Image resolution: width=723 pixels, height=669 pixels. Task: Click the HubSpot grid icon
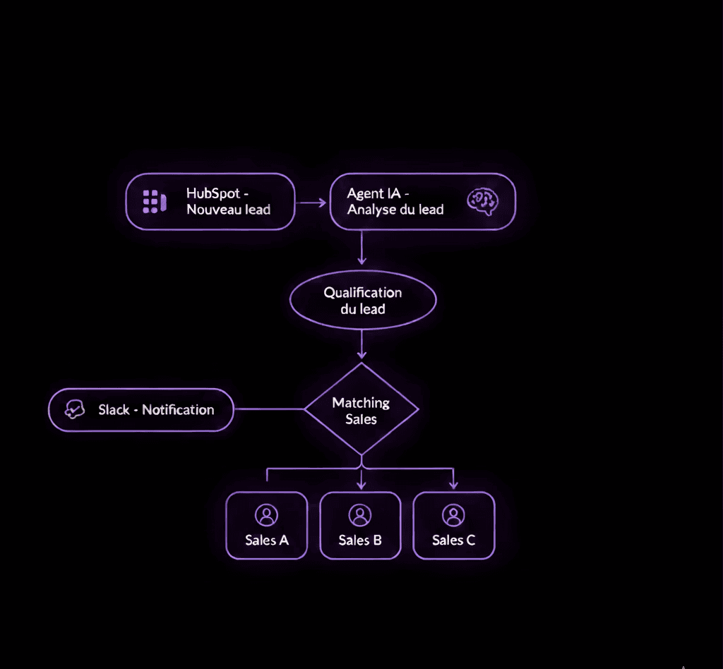(153, 201)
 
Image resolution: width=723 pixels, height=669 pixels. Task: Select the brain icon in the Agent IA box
(484, 201)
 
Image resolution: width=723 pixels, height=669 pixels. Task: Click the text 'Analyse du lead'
(395, 209)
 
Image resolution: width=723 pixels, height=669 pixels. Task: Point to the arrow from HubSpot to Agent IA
(311, 203)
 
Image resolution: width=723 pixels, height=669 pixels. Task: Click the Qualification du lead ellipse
(363, 300)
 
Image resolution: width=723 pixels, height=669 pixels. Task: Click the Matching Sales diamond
(361, 409)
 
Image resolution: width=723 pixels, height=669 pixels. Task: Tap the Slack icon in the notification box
(75, 409)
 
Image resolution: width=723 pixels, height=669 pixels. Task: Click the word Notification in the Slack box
(178, 409)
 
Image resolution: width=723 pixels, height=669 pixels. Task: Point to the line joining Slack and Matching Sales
(269, 409)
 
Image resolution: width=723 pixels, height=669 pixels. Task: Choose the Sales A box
(267, 525)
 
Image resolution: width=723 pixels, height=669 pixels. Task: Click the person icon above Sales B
(360, 515)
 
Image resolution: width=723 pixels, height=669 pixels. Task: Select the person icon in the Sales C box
(453, 515)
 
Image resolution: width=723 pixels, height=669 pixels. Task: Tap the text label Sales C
(453, 541)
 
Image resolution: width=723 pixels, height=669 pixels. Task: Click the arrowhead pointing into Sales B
(361, 485)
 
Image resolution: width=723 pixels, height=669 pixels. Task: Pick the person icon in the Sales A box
(267, 515)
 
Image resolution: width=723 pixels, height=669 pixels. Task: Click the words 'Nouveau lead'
(228, 210)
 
